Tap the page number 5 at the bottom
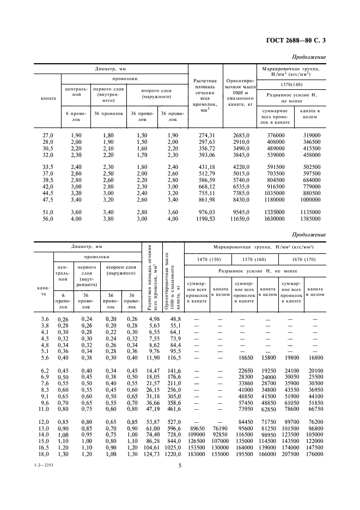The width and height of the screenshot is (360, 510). (179, 481)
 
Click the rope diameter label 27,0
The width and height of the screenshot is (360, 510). (47, 135)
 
